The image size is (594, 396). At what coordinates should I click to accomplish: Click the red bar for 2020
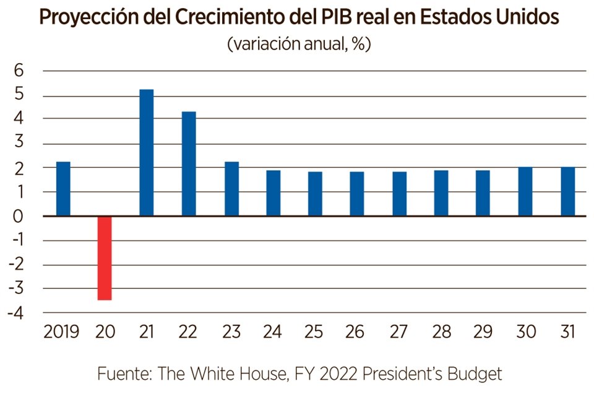(x=105, y=257)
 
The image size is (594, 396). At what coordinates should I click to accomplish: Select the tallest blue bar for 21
(x=147, y=153)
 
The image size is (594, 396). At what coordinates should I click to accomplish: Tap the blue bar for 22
(x=189, y=164)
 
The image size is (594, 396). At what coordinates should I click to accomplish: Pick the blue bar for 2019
(x=63, y=189)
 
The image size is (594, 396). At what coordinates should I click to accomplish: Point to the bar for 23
(x=231, y=189)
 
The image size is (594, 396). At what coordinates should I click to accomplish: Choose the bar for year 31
(x=567, y=191)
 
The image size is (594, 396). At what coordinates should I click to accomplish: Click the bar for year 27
(x=399, y=194)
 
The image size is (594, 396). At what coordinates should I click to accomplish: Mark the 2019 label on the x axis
(x=62, y=332)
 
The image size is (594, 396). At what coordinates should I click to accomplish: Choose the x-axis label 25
(x=314, y=332)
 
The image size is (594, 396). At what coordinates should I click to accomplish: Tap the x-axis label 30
(x=526, y=332)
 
